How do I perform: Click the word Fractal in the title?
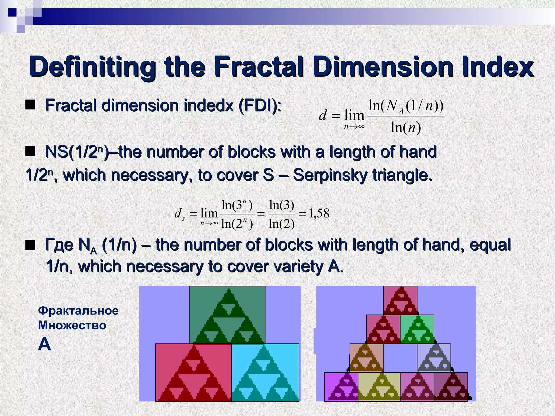[260, 66]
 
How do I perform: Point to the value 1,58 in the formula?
[319, 214]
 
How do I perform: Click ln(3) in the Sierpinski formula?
[282, 205]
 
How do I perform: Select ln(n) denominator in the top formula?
[406, 127]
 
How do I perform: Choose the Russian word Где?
[59, 245]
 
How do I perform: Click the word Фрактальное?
[78, 310]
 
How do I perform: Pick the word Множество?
[72, 325]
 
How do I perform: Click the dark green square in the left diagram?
[227, 315]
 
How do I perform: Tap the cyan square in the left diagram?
[265, 372]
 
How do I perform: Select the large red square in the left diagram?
[193, 372]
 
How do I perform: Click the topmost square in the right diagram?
[400, 300]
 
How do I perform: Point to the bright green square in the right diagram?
[417, 329]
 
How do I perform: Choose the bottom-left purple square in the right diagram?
[341, 386]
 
